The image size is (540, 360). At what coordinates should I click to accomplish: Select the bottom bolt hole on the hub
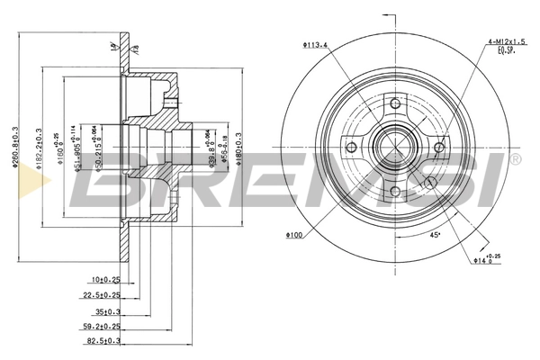(394, 190)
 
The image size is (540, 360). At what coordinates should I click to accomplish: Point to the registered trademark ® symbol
(514, 160)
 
